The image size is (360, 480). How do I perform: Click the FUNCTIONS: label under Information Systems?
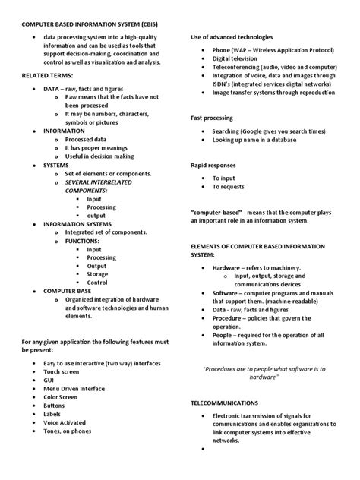(x=82, y=240)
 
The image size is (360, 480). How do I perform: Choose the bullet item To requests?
(x=229, y=186)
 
